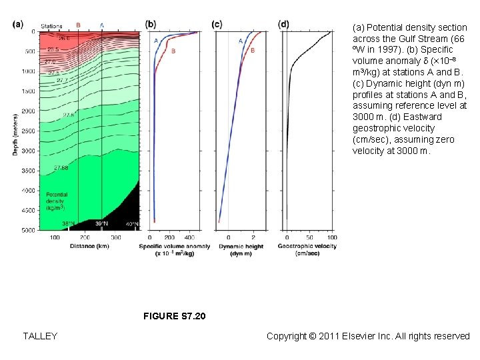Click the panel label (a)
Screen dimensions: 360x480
pyautogui.click(x=17, y=25)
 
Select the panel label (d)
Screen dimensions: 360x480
pyautogui.click(x=284, y=25)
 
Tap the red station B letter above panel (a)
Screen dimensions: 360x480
pyautogui.click(x=78, y=25)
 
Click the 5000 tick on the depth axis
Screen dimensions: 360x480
pyautogui.click(x=29, y=230)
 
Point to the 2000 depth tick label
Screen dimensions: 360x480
pyautogui.click(x=29, y=111)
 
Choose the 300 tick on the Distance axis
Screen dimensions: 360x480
pyautogui.click(x=115, y=237)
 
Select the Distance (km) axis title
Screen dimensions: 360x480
pyautogui.click(x=89, y=246)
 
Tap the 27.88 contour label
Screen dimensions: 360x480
pyautogui.click(x=61, y=167)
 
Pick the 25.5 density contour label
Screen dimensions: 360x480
pyautogui.click(x=53, y=49)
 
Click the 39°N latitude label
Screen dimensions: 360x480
pyautogui.click(x=101, y=224)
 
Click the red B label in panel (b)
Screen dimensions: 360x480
pyautogui.click(x=173, y=51)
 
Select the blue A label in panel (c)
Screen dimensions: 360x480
pyautogui.click(x=241, y=41)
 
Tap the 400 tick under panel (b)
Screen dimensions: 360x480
pyautogui.click(x=190, y=237)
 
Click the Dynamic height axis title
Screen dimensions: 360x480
pyautogui.click(x=241, y=249)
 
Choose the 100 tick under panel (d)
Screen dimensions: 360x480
pyautogui.click(x=331, y=237)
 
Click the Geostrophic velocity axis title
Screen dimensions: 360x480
pyautogui.click(x=307, y=249)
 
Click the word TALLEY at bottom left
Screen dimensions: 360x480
pyautogui.click(x=40, y=336)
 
